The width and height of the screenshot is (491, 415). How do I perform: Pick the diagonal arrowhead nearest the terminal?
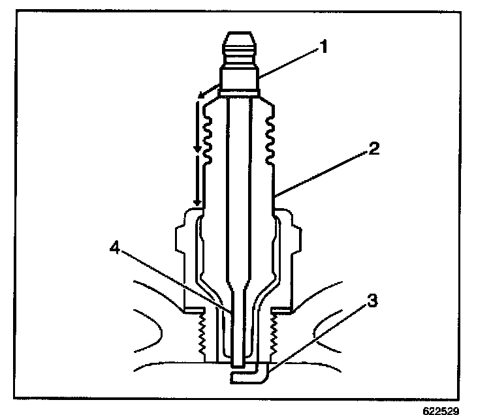tap(200, 95)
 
